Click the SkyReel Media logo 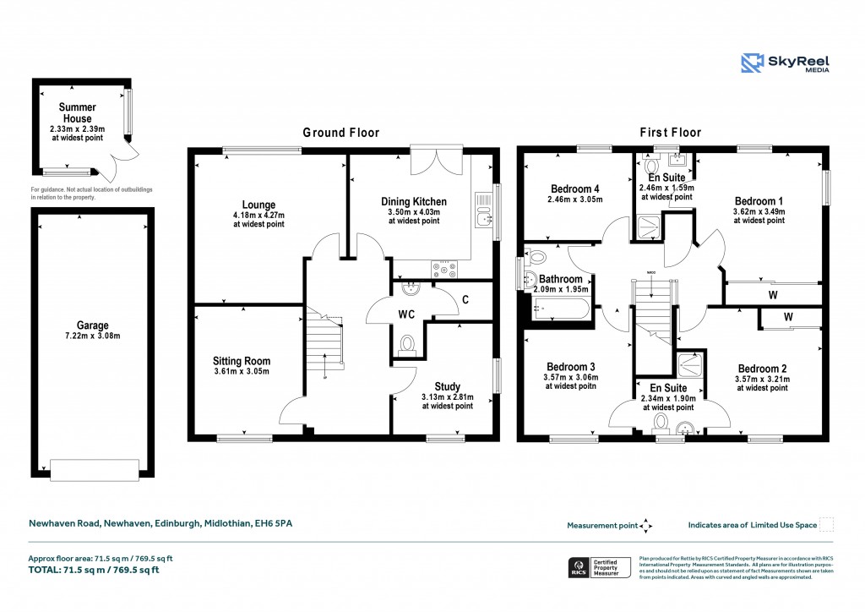[x=785, y=63]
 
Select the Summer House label [x=77, y=112]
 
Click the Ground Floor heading [x=341, y=133]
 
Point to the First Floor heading [x=672, y=133]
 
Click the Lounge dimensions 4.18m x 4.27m [x=258, y=216]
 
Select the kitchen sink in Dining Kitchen [x=481, y=218]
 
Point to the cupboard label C [x=465, y=299]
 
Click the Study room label [x=447, y=386]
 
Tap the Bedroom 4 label [x=574, y=189]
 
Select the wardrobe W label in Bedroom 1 [x=772, y=296]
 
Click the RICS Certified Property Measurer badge [x=599, y=568]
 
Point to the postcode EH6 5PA [x=275, y=524]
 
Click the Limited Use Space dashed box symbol [x=827, y=525]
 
